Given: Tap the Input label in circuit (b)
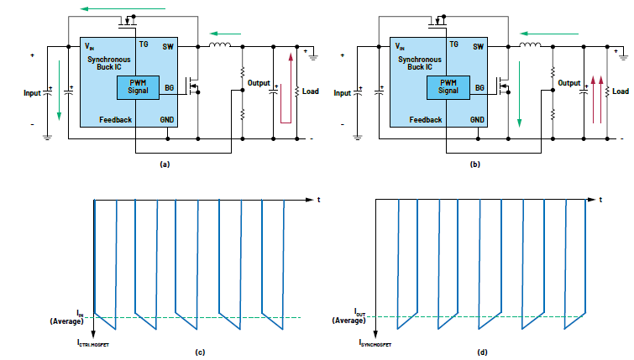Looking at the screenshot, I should [x=343, y=93].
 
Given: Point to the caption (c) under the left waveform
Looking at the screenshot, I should [x=201, y=352].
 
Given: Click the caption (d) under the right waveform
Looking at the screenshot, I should [x=483, y=352].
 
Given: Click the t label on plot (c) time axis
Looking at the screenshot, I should [x=319, y=200].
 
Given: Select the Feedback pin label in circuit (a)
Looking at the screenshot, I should [x=115, y=120].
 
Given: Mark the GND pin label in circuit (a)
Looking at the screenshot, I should [x=167, y=120].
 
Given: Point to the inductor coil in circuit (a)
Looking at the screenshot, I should [x=221, y=45].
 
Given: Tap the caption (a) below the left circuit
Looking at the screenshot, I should [x=165, y=164].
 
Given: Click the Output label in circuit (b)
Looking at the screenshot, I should [x=569, y=83].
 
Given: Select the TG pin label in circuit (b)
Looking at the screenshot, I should [x=453, y=44].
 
